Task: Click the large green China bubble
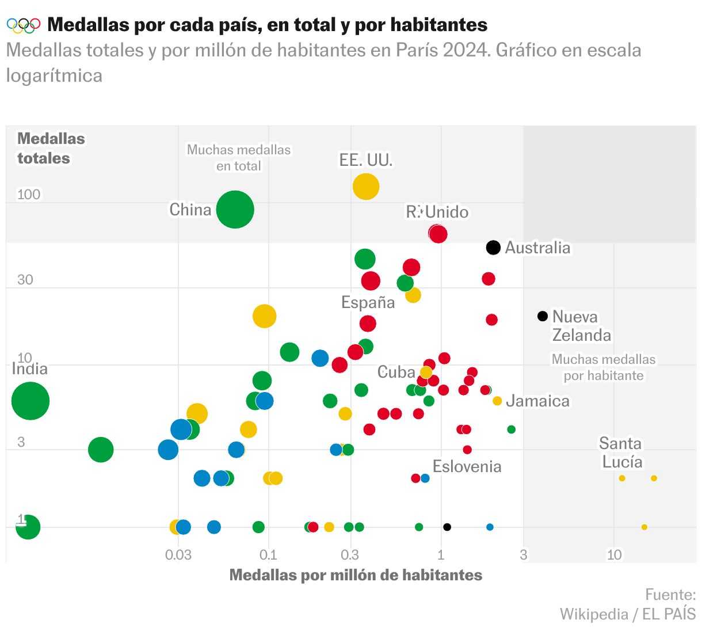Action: pyautogui.click(x=235, y=210)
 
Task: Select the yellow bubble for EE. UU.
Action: pyautogui.click(x=365, y=187)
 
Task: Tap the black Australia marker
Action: pyautogui.click(x=493, y=248)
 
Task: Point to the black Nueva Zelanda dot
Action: pyautogui.click(x=542, y=316)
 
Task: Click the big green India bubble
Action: pyautogui.click(x=30, y=401)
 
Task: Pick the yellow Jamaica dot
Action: pyautogui.click(x=497, y=401)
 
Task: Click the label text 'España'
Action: pyautogui.click(x=368, y=302)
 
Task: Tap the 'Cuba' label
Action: pyautogui.click(x=396, y=372)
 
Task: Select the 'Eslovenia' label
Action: pyautogui.click(x=467, y=466)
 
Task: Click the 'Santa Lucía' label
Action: pyautogui.click(x=621, y=453)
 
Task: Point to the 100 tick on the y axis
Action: pyautogui.click(x=29, y=195)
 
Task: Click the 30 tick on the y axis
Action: pyautogui.click(x=25, y=280)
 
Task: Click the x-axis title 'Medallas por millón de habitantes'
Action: pyautogui.click(x=356, y=575)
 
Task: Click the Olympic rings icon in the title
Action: pyautogui.click(x=24, y=25)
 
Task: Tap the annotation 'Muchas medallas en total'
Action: pyautogui.click(x=239, y=158)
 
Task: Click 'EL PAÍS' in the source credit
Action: pyautogui.click(x=669, y=614)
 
